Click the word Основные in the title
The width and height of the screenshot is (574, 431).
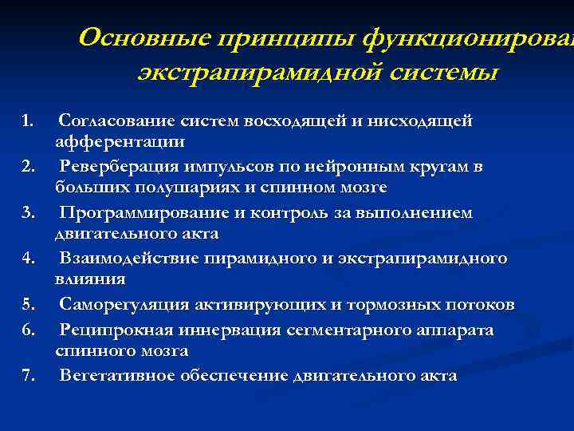pyautogui.click(x=139, y=37)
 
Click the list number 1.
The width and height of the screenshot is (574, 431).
pyautogui.click(x=28, y=121)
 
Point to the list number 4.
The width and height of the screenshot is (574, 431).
pyautogui.click(x=28, y=259)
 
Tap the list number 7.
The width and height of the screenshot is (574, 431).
pyautogui.click(x=28, y=376)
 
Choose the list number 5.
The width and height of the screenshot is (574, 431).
pyautogui.click(x=28, y=306)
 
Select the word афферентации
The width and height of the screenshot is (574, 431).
pyautogui.click(x=119, y=142)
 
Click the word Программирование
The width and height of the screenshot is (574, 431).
pyautogui.click(x=133, y=213)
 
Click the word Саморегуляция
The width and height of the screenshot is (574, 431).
pyautogui.click(x=116, y=306)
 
